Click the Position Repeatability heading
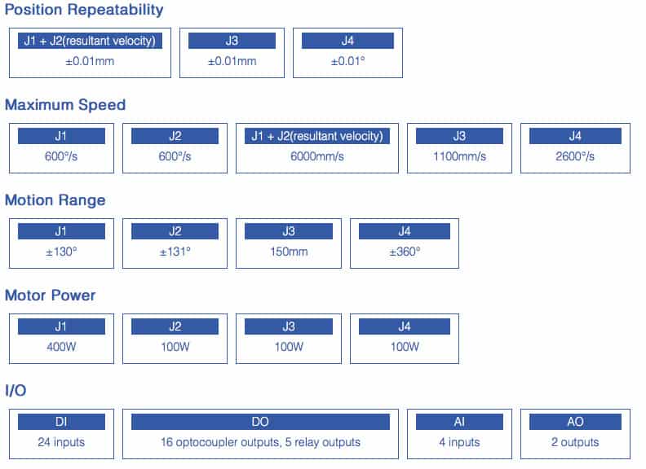(x=84, y=10)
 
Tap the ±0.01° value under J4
(x=347, y=61)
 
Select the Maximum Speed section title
(x=65, y=105)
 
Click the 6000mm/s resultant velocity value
(x=316, y=156)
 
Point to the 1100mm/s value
(x=459, y=156)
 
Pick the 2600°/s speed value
(x=575, y=156)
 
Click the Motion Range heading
(x=55, y=200)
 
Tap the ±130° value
(x=61, y=252)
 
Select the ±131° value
(x=175, y=252)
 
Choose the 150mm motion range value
(x=289, y=252)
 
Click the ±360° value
(x=405, y=252)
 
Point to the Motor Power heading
(x=51, y=296)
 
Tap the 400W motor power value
(x=61, y=347)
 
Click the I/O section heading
(x=15, y=390)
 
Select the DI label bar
(x=61, y=422)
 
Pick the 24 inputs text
(x=61, y=442)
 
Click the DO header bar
(x=260, y=422)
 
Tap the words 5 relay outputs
(x=322, y=442)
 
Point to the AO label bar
(x=575, y=422)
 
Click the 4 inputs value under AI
(x=459, y=442)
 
